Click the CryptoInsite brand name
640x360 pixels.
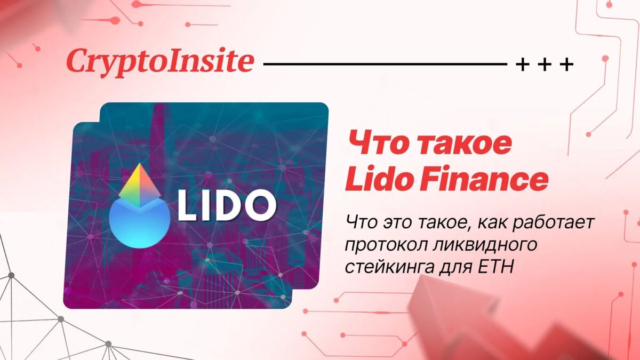click(x=159, y=62)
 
